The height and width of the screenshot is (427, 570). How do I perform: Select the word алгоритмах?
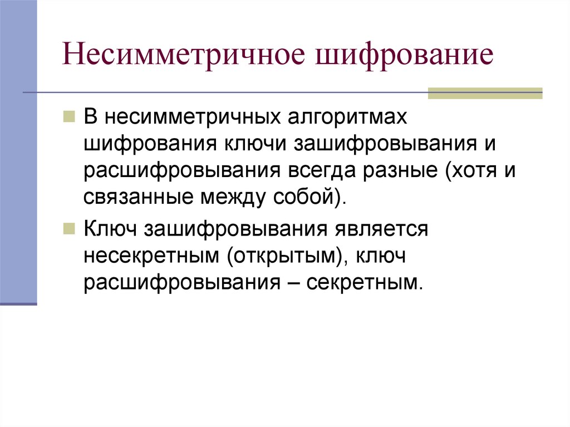(x=352, y=117)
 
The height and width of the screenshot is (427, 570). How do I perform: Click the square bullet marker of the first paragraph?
(x=70, y=117)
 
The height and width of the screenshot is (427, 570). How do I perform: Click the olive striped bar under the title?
(x=484, y=94)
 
